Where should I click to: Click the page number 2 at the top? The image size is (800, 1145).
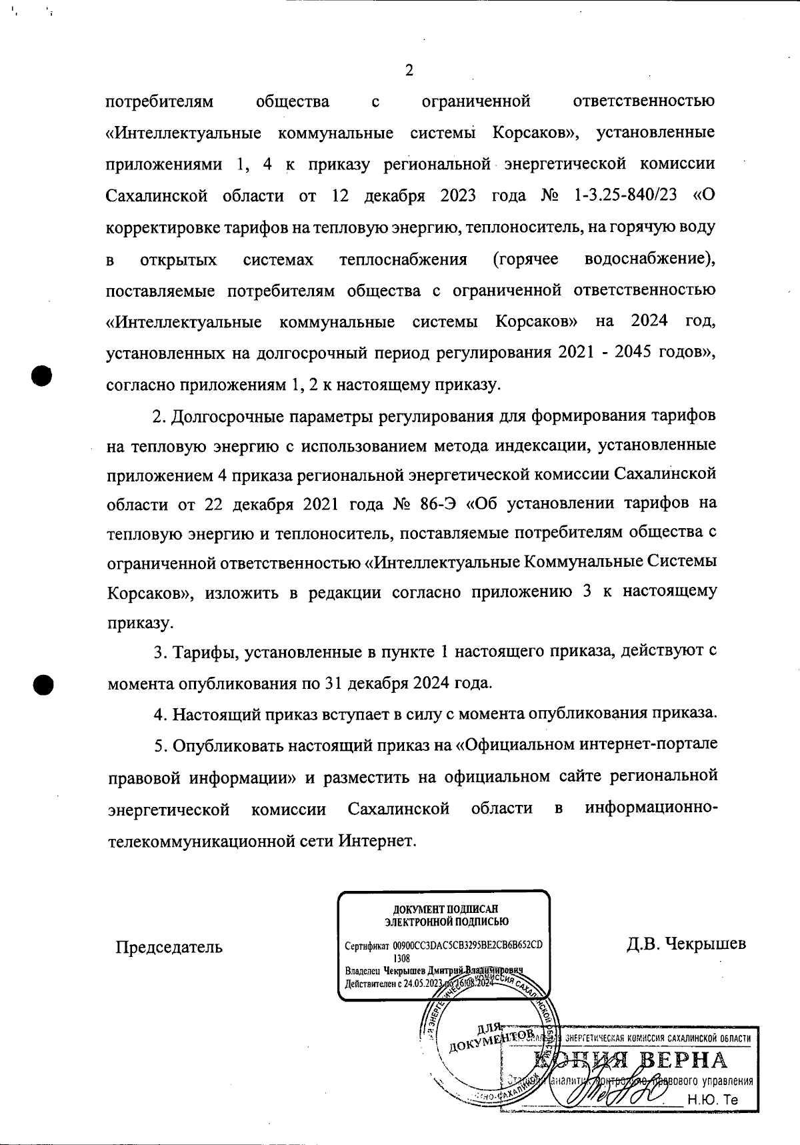point(409,71)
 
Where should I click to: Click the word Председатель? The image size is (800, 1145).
point(169,947)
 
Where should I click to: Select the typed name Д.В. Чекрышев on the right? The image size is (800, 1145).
point(686,944)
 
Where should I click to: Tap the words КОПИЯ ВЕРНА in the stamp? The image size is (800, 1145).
point(631,1060)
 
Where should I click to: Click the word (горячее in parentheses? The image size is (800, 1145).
point(525,259)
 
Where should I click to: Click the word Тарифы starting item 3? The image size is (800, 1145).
point(204,652)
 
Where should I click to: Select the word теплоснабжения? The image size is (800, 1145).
point(403,259)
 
